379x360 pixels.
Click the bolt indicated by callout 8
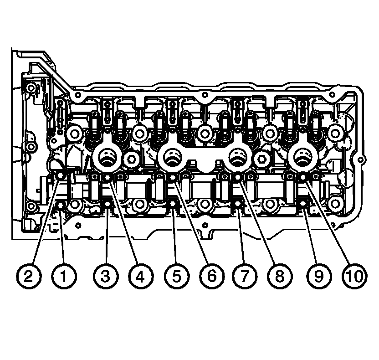(238, 177)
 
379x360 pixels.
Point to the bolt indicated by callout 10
(303, 177)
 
